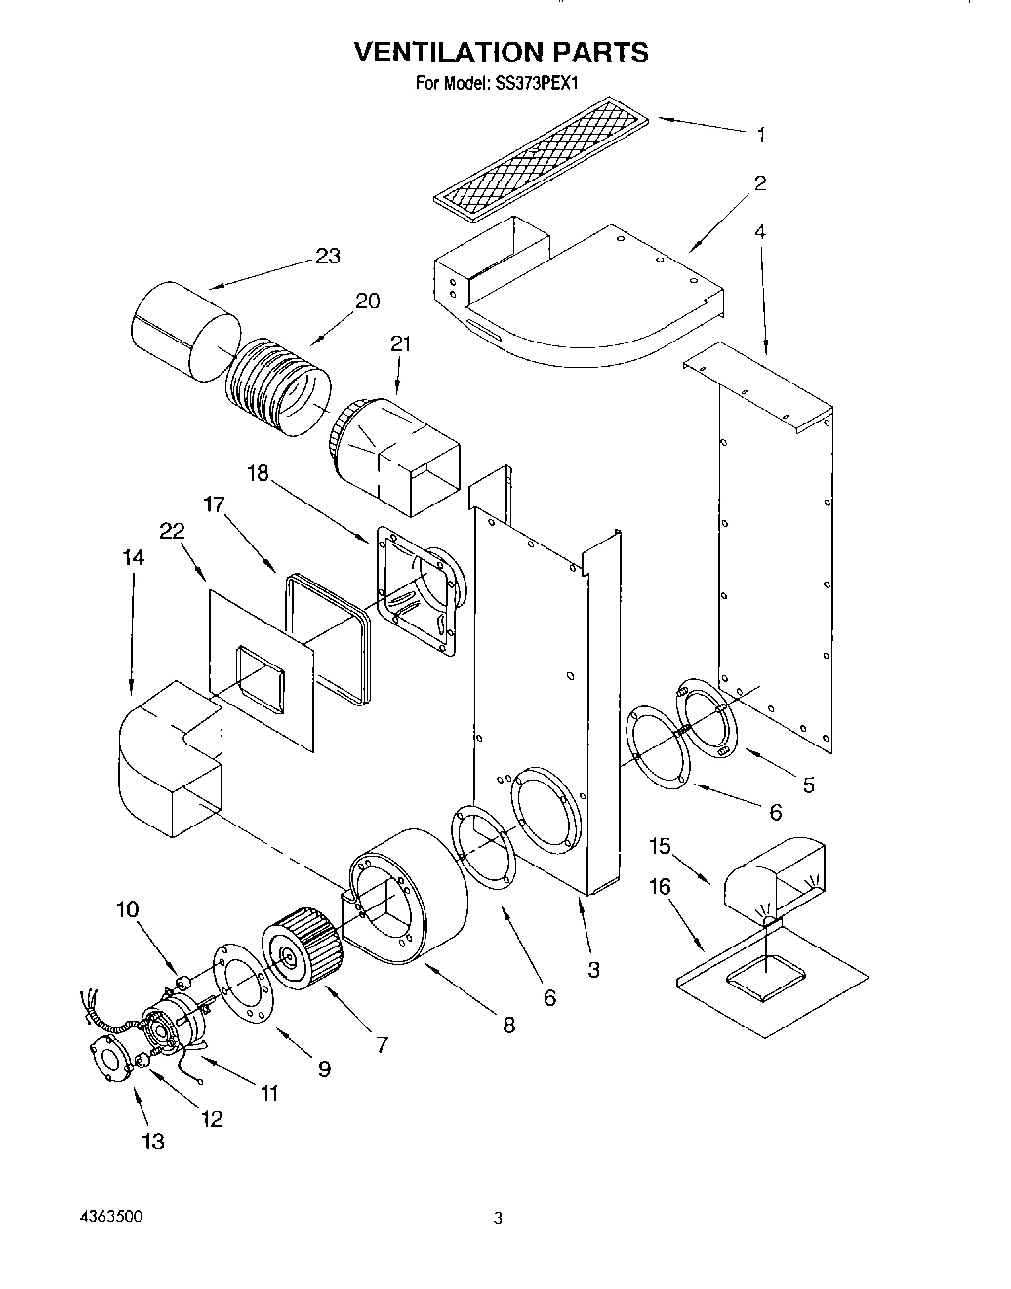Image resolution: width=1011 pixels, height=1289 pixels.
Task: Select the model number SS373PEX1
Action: click(x=539, y=83)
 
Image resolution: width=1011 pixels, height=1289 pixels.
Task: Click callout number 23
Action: click(x=328, y=256)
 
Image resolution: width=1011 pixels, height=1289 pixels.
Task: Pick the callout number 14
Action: click(x=134, y=557)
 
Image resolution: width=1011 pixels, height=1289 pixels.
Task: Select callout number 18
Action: click(x=258, y=474)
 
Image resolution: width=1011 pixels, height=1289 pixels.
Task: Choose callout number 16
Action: click(x=660, y=886)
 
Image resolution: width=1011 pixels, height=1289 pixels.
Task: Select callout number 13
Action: click(x=153, y=1142)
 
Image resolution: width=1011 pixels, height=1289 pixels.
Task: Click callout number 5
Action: click(x=808, y=785)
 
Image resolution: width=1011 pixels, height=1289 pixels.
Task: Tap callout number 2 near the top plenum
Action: click(x=760, y=183)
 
